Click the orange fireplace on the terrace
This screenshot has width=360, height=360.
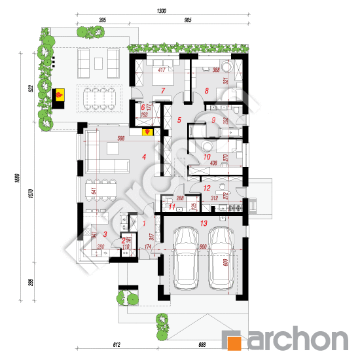(60, 96)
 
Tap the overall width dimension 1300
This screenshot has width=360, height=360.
(162, 10)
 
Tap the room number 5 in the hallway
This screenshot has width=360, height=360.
(179, 120)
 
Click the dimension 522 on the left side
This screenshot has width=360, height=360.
(31, 89)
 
